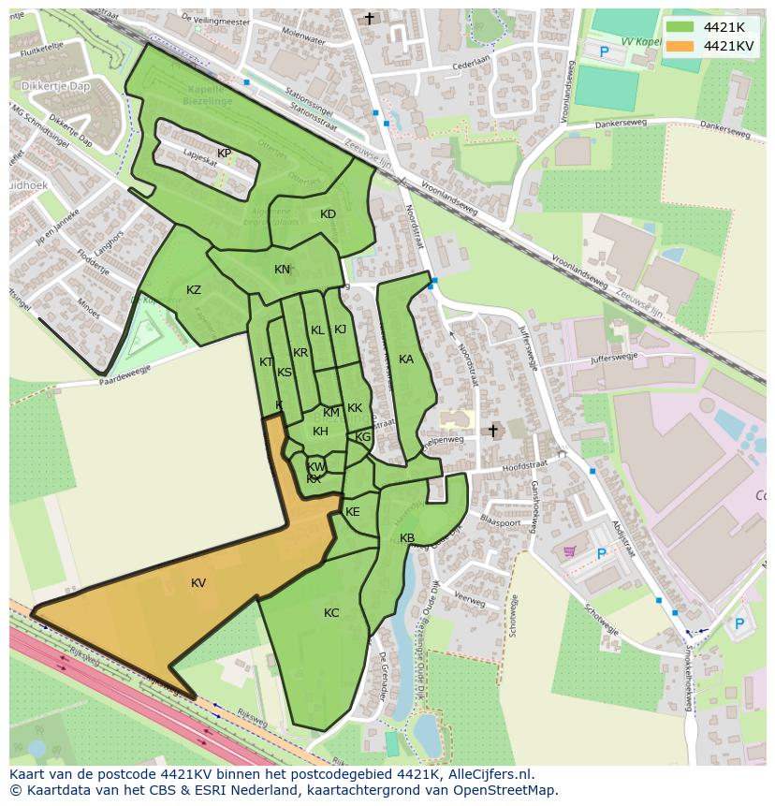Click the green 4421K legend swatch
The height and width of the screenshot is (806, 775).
click(680, 27)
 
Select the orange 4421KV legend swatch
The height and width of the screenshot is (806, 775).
click(680, 46)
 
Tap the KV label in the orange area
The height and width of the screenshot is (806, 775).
click(198, 583)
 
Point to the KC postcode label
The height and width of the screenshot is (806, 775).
click(331, 613)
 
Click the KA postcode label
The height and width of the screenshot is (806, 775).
click(406, 359)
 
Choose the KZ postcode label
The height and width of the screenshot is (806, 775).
click(194, 290)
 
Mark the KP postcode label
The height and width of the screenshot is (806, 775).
click(225, 154)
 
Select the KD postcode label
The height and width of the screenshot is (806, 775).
click(328, 214)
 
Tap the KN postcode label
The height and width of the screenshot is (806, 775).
click(282, 270)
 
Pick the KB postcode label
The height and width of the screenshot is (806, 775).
click(407, 538)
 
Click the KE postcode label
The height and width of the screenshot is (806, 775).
click(353, 512)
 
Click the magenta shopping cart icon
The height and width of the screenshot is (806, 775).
click(569, 551)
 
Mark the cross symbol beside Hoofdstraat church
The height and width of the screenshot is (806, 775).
click(493, 431)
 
